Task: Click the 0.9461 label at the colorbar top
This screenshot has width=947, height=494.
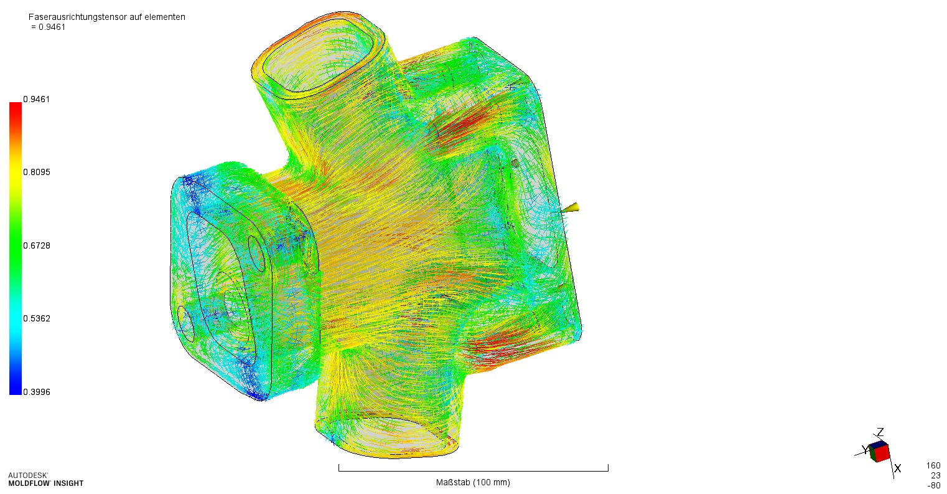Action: pos(36,99)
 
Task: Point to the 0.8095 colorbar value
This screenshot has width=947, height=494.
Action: pos(36,172)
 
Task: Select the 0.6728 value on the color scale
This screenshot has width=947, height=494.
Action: pos(36,245)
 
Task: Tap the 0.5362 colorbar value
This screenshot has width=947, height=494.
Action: pos(36,318)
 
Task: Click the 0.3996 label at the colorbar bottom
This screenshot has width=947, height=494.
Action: pos(36,392)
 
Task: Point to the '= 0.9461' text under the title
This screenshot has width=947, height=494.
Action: pos(48,27)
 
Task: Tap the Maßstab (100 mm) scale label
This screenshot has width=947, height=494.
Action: pos(473,482)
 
